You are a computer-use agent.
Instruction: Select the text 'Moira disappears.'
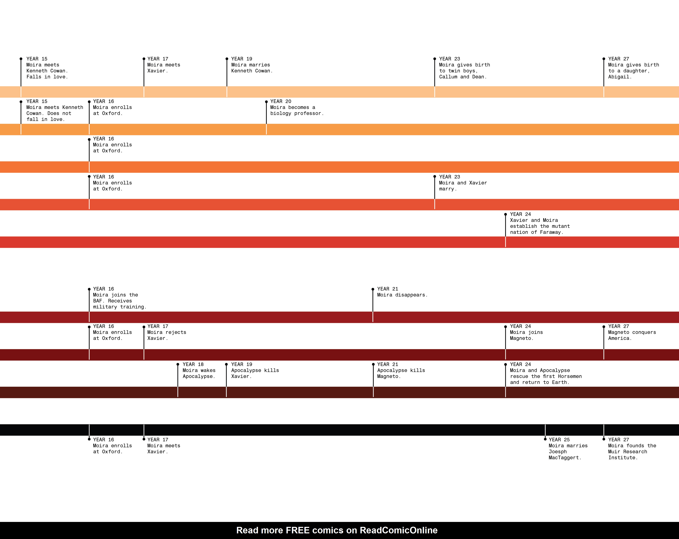402,295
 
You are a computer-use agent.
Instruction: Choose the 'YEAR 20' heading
281,101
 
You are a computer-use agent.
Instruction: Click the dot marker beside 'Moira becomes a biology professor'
266,102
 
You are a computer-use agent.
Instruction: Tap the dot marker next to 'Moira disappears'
373,289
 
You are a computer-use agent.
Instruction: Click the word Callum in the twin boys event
448,77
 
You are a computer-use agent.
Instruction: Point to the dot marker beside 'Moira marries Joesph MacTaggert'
545,439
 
